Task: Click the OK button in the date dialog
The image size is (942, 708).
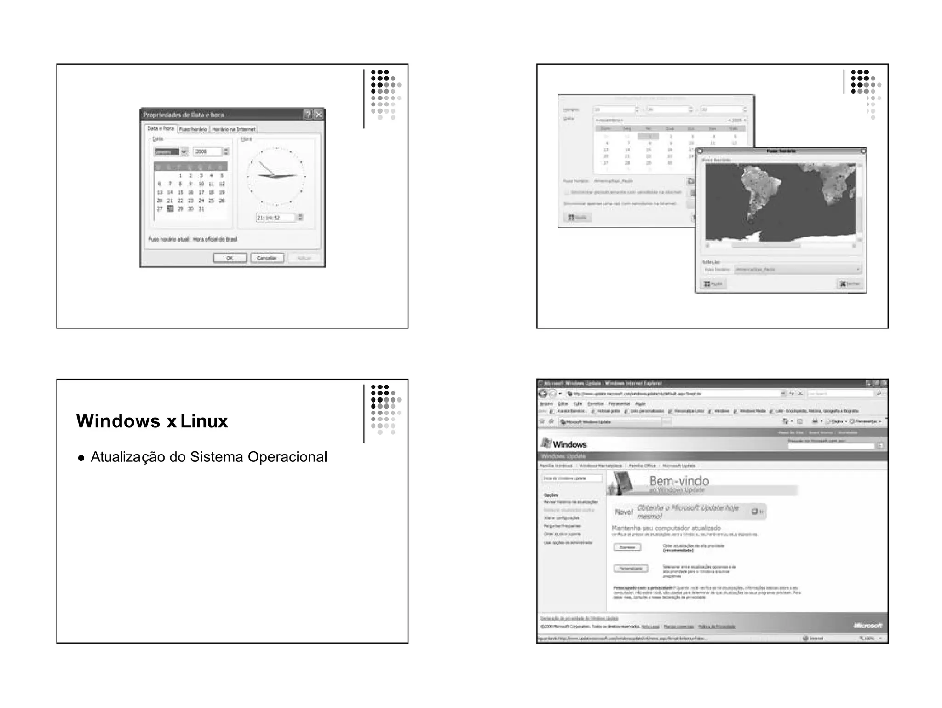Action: click(x=230, y=258)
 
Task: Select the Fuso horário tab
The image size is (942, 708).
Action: click(x=193, y=129)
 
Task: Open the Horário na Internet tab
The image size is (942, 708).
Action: click(x=233, y=129)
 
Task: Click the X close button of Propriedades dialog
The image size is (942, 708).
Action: click(x=318, y=114)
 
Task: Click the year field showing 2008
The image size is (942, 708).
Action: click(x=207, y=151)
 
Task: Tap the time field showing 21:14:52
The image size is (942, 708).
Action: click(x=275, y=217)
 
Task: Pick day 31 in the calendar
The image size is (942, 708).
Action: click(x=201, y=209)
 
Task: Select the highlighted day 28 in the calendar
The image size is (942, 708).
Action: click(x=170, y=209)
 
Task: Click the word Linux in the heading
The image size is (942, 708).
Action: click(x=204, y=421)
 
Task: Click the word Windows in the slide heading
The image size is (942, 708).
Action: click(x=118, y=421)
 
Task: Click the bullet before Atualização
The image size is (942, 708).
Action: click(x=81, y=458)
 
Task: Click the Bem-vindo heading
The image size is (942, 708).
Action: click(x=679, y=481)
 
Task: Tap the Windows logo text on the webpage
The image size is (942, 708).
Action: click(x=569, y=444)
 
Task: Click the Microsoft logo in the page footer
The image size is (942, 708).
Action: click(x=868, y=625)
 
